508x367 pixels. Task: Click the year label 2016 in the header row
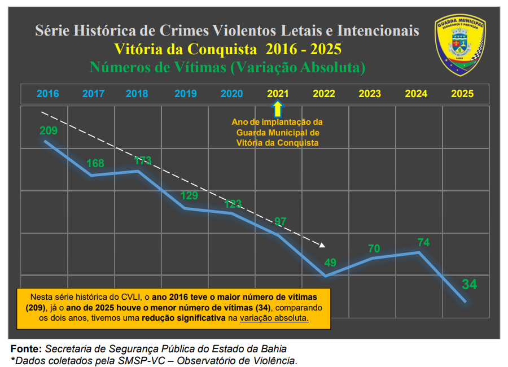coord(48,94)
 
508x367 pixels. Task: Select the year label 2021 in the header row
coord(278,94)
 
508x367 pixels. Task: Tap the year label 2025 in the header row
coord(462,94)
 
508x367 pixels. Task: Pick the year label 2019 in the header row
coord(186,94)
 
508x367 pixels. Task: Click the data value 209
coord(49,130)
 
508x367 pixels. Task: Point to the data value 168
coord(95,164)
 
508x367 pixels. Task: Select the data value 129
coord(189,196)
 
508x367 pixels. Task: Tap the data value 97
coord(281,221)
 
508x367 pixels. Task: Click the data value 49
coord(330,263)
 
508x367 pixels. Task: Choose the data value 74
coord(423,242)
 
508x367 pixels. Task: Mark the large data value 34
coord(470,284)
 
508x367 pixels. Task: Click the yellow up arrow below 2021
coord(278,108)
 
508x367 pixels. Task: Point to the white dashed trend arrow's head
coord(323,245)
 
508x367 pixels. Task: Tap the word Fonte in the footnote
coord(25,349)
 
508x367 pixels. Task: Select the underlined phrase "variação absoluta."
coord(274,318)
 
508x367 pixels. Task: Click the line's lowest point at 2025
coord(465,302)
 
